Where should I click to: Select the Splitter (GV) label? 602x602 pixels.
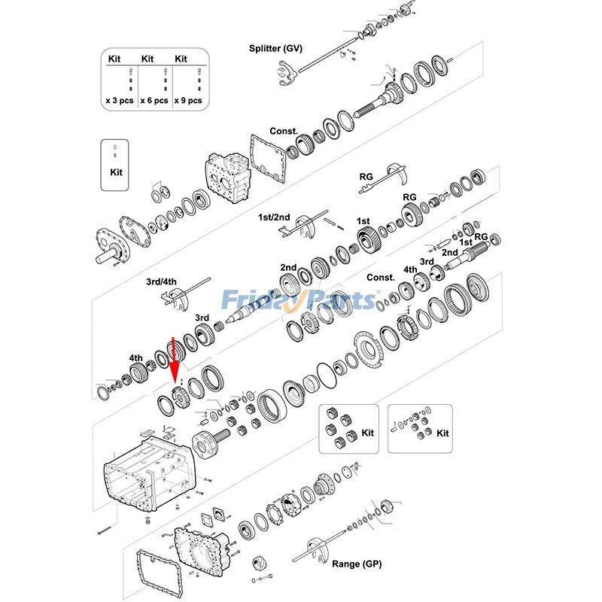point(275,48)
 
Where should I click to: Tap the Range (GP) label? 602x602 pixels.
point(357,564)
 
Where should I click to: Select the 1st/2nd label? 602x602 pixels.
point(274,217)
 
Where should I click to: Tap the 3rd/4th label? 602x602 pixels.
point(161,282)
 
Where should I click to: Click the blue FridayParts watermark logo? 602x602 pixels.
point(300,300)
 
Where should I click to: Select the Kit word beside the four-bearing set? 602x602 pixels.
point(367,433)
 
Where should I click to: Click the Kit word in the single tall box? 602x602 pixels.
point(115,172)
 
